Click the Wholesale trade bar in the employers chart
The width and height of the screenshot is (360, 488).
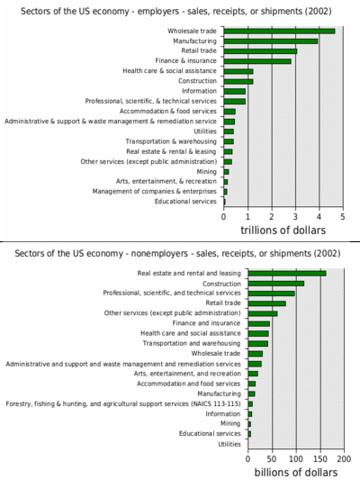coord(279,32)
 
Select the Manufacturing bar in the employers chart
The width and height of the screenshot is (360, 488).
coord(271,41)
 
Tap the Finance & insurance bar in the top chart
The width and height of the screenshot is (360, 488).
coord(257,61)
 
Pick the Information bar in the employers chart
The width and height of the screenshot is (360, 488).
coord(235,92)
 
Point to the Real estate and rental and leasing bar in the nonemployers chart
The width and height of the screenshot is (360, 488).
coord(287,273)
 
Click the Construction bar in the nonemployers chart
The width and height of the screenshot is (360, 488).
coord(276,284)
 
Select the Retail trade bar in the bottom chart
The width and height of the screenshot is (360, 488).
coord(267,303)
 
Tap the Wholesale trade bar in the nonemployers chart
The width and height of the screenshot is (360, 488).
coord(256,354)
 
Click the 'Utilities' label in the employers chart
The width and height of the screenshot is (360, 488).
coord(205,131)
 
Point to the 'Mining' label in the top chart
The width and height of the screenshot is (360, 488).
coord(206,171)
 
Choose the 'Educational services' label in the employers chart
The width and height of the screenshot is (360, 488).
coord(185,202)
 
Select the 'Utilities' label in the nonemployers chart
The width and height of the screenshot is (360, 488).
coord(229,444)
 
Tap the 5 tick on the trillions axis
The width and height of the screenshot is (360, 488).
coord(343,217)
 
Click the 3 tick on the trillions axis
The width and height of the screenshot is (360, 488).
coord(295,217)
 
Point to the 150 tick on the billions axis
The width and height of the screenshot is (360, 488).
coord(320,459)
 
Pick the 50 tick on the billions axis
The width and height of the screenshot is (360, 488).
coord(272,459)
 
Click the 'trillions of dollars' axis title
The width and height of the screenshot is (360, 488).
coord(283,230)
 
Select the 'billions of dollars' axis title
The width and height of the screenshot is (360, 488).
coord(296,473)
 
